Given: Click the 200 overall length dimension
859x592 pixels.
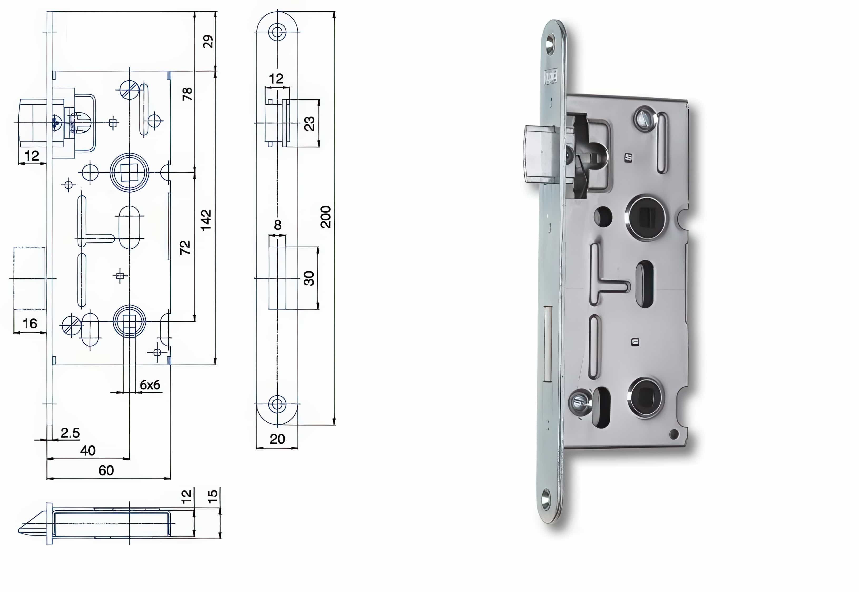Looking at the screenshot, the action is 325,217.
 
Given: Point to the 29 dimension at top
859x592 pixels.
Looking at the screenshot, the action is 208,42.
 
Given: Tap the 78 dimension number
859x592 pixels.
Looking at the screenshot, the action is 187,94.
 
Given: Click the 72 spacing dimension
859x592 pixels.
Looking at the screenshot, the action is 185,247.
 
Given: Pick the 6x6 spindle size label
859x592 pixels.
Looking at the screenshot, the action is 150,385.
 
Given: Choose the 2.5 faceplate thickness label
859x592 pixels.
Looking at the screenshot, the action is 70,433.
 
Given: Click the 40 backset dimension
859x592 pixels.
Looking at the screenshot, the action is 88,451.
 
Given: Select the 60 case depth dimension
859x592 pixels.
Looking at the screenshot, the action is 106,471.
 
